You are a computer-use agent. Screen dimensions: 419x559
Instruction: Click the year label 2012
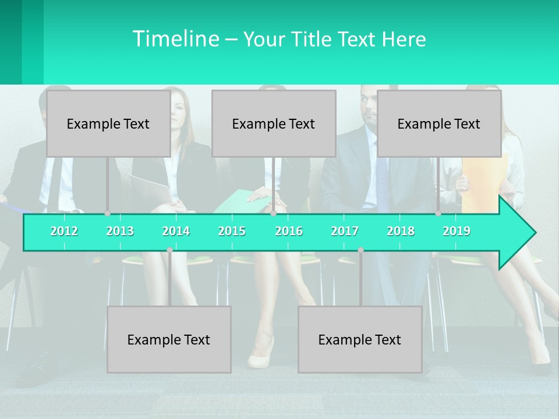click(64, 231)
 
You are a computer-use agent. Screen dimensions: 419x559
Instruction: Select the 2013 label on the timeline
click(120, 231)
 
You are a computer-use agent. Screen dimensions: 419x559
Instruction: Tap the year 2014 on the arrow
click(176, 231)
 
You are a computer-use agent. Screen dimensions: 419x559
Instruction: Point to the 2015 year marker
click(232, 231)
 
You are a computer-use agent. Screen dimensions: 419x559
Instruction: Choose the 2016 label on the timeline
click(289, 231)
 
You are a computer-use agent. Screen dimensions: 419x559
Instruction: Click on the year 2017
click(345, 231)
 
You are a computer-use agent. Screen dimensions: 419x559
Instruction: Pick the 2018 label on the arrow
click(401, 231)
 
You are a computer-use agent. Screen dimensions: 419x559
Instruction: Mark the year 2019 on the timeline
click(457, 231)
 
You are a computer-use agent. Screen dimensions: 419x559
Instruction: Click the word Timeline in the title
click(175, 39)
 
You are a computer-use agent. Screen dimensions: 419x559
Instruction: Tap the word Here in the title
click(404, 40)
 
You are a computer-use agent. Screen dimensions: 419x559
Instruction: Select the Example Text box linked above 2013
click(108, 123)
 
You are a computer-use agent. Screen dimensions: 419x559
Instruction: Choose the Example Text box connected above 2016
click(274, 123)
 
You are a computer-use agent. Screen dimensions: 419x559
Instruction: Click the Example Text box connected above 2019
click(439, 123)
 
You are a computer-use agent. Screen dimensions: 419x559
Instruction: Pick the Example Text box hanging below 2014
click(169, 339)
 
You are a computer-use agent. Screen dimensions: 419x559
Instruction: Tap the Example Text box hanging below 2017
click(360, 339)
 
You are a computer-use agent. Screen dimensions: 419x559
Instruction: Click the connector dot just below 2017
click(360, 250)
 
